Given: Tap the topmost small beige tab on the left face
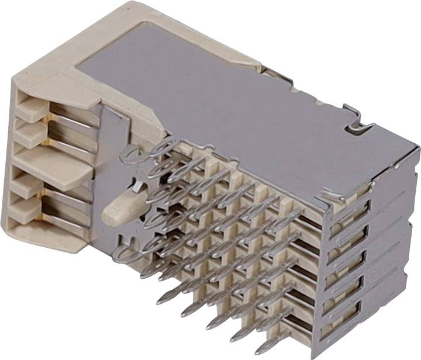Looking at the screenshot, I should (x=32, y=108).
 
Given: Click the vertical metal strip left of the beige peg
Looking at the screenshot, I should (x=105, y=175).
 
